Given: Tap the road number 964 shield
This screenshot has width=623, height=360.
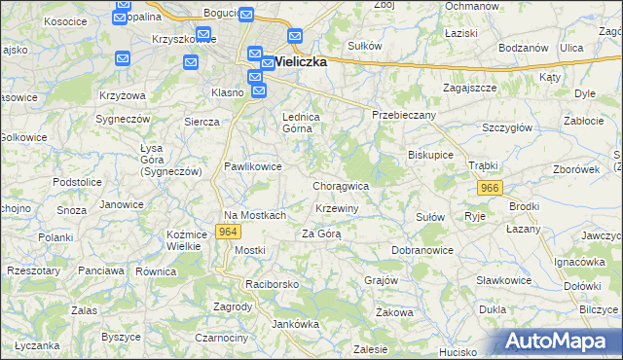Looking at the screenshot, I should coord(229,232).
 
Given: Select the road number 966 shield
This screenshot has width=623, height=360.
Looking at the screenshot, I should coord(490,187).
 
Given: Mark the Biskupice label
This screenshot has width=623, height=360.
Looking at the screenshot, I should coord(430,154).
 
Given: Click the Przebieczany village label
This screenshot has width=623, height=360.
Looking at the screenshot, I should coord(404,114).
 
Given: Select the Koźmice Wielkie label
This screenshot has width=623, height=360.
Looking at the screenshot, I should coord(183,240).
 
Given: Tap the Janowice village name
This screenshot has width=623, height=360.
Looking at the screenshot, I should coord(122,204).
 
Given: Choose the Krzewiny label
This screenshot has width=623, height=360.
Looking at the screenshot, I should coord(338,209).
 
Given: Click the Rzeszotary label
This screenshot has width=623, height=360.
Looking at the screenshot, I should coord(34,270).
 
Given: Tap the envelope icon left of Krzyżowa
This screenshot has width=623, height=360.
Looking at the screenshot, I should coord(122,59).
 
